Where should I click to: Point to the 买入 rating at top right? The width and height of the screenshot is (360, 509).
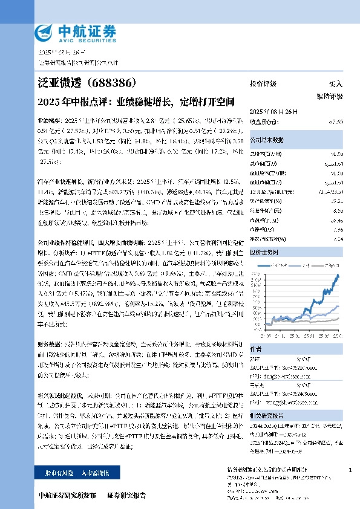(x=335, y=84)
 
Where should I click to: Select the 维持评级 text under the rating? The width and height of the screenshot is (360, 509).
(x=330, y=97)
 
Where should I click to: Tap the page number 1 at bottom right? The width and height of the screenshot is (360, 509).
(x=351, y=470)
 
